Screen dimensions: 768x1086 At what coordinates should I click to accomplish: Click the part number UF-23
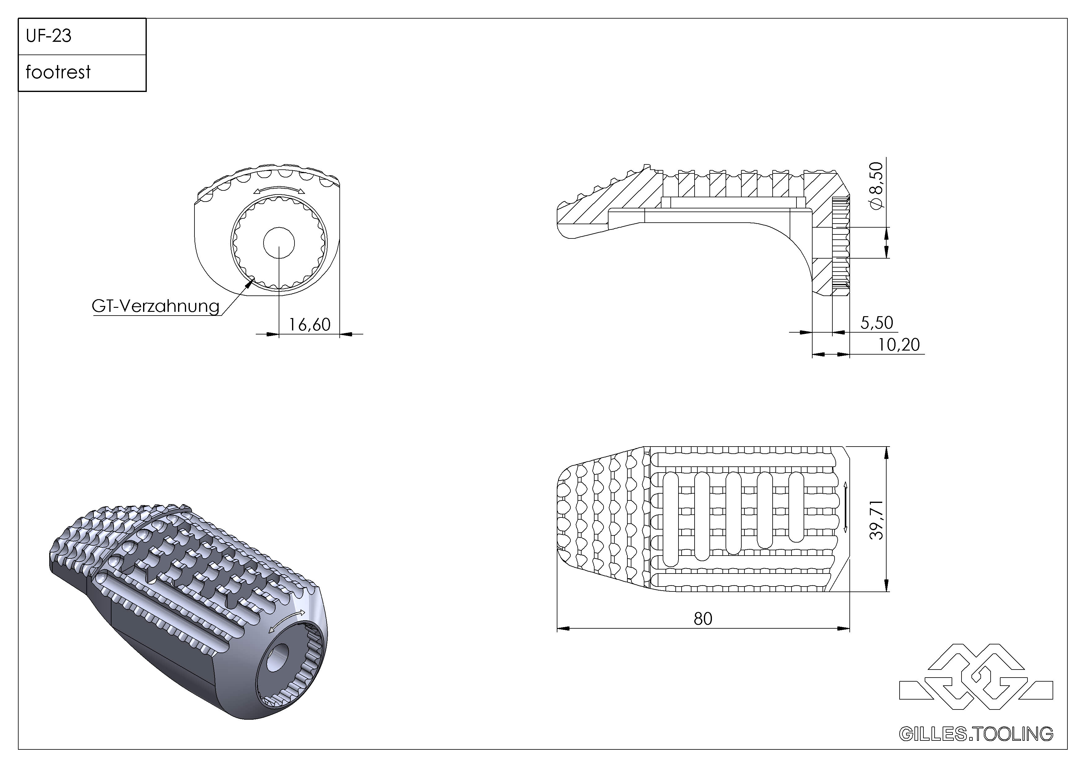coord(48,36)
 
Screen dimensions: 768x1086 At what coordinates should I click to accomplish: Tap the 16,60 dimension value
coord(309,325)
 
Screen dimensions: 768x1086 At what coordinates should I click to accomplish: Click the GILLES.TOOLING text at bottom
coord(976,734)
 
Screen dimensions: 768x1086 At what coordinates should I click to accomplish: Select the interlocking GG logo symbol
coord(976,677)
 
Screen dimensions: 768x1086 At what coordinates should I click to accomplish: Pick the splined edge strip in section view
coord(840,246)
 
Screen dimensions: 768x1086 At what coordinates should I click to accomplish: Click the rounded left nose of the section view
coord(563,220)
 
